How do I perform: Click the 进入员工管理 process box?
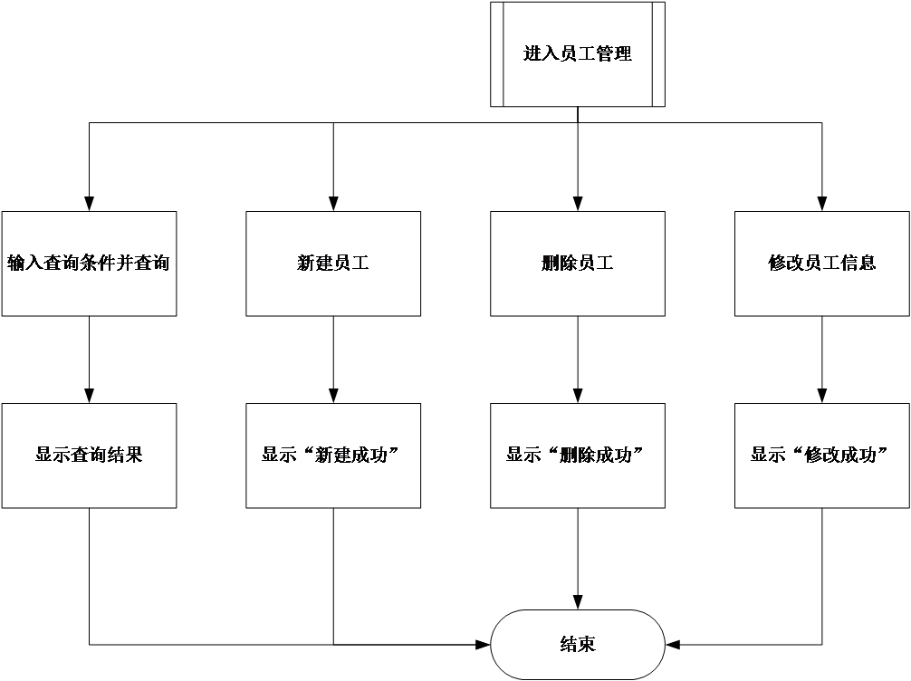click(578, 54)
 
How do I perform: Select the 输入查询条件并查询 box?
click(89, 264)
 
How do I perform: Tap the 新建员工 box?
click(333, 264)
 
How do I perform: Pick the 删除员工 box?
click(578, 264)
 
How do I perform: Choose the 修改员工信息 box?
click(822, 264)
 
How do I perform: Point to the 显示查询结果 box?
click(89, 456)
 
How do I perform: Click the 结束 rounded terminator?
click(578, 645)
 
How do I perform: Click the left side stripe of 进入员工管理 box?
click(496, 54)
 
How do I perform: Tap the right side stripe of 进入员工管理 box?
click(658, 54)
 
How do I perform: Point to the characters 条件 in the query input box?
click(98, 264)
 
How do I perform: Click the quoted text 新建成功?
click(347, 456)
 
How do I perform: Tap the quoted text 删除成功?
click(591, 456)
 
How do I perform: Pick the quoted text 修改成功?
click(836, 456)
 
